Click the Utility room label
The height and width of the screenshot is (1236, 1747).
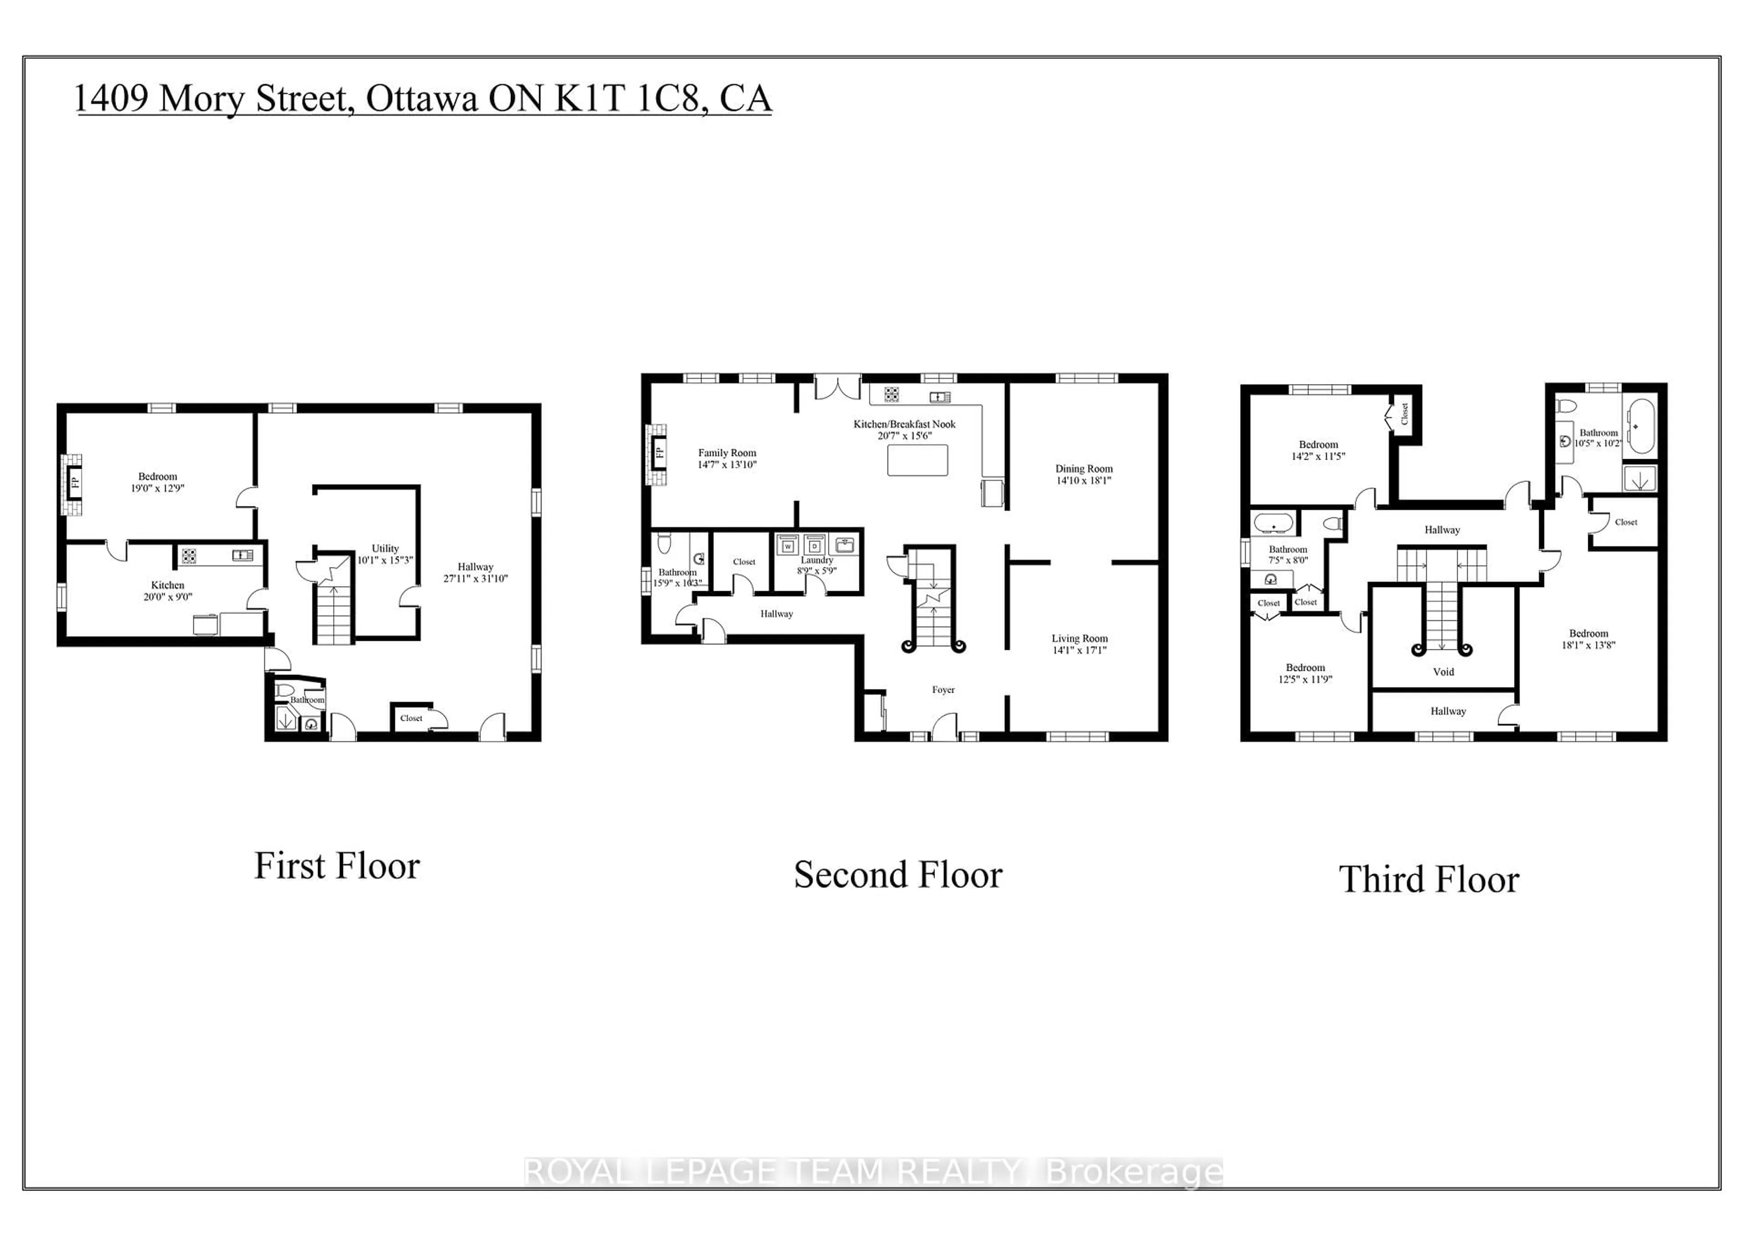tap(385, 548)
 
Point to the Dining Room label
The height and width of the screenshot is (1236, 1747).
tap(1084, 469)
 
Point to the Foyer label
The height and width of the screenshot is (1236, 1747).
tap(943, 689)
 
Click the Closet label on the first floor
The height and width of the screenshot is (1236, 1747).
tap(411, 718)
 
